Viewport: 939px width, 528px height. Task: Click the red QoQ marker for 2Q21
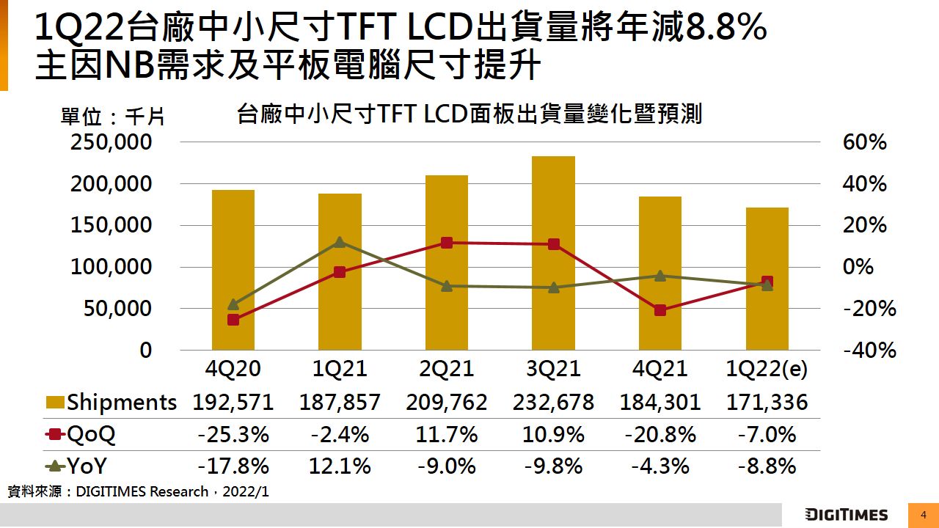(447, 243)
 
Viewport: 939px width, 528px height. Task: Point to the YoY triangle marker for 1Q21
(340, 242)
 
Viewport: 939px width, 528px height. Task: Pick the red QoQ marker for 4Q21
(660, 310)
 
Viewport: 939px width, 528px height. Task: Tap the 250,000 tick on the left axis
(111, 142)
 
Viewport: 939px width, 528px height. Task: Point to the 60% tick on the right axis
(865, 142)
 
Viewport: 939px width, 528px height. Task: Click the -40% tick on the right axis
(869, 351)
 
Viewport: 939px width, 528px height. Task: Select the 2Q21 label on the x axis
(447, 368)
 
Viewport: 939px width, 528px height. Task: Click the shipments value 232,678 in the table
(553, 402)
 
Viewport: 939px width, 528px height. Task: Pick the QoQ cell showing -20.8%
(660, 434)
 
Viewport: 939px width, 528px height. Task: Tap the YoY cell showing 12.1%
(340, 466)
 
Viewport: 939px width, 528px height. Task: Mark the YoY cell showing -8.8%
(767, 466)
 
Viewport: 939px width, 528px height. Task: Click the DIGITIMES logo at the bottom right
(846, 515)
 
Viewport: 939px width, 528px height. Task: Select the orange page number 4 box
(924, 515)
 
